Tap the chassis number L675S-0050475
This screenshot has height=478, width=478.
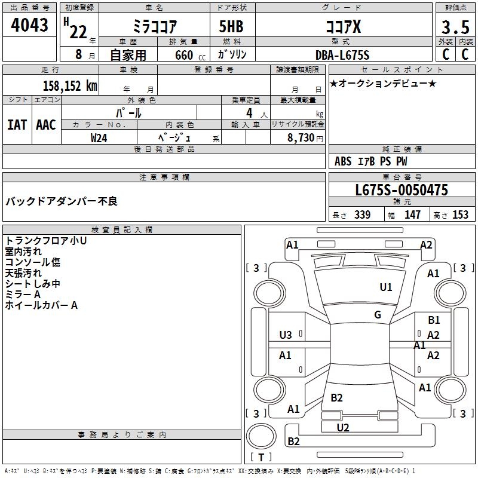[x=401, y=191]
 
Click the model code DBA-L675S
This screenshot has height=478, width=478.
[x=342, y=55]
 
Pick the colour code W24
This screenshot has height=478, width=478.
[x=99, y=137]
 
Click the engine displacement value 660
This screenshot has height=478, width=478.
[x=184, y=55]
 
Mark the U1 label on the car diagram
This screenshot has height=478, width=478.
[x=386, y=287]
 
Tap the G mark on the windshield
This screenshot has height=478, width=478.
[x=378, y=315]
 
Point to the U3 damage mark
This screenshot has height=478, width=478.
[x=286, y=335]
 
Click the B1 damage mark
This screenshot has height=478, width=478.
[x=434, y=321]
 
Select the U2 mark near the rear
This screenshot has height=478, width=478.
[x=343, y=427]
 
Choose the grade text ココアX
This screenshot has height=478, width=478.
[x=342, y=27]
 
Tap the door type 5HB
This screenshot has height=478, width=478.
[x=232, y=27]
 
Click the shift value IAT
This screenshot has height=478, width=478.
[x=17, y=125]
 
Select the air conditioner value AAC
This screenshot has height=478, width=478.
[x=46, y=125]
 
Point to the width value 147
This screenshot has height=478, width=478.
[x=412, y=215]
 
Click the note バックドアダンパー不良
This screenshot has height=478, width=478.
[x=62, y=201]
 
